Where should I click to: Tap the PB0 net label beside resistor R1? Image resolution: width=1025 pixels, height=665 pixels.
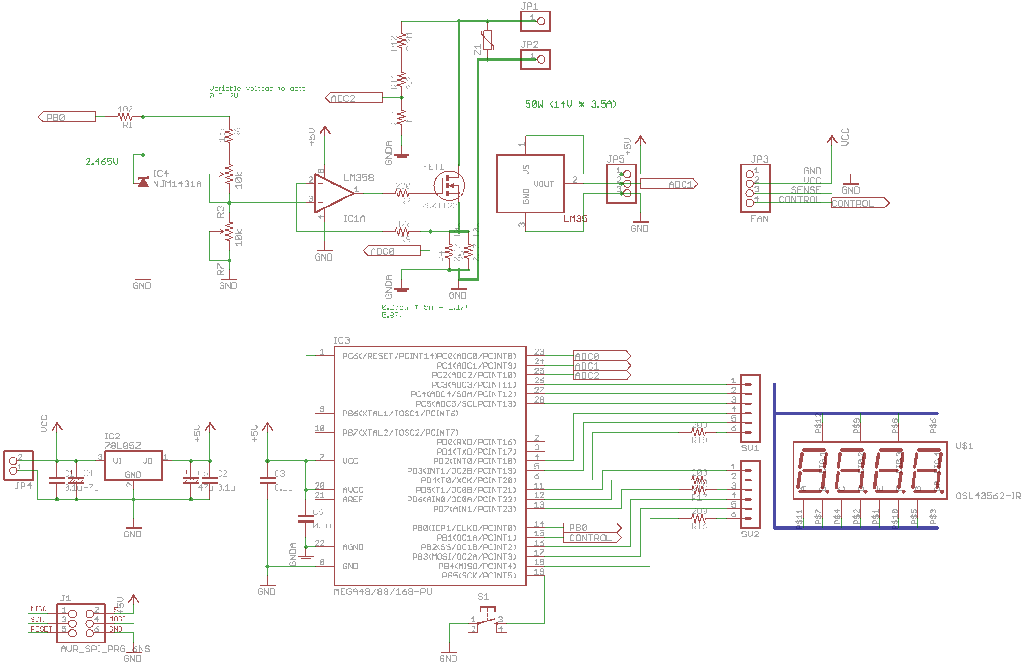point(66,117)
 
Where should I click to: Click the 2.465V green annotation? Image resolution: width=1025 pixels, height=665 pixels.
point(102,162)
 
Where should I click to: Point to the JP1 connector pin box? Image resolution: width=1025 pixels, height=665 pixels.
point(535,21)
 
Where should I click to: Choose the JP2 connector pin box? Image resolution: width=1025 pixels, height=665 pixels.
point(535,59)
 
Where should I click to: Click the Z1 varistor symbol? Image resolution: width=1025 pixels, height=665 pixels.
point(487,41)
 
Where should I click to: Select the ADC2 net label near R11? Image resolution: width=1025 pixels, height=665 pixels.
point(353,98)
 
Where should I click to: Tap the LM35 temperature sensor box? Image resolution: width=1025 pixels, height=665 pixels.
point(530,184)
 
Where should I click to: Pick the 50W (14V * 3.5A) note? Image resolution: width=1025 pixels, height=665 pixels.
point(571,104)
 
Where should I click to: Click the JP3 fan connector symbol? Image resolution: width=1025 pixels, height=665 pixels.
point(755,188)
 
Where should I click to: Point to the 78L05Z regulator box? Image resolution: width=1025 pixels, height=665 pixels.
point(133,465)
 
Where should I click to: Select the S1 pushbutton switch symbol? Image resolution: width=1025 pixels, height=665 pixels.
point(487,620)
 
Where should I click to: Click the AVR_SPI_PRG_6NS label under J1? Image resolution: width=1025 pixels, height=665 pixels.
point(105,649)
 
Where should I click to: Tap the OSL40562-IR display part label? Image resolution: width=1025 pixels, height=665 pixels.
point(988,496)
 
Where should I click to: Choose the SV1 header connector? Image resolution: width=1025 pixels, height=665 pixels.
point(750,408)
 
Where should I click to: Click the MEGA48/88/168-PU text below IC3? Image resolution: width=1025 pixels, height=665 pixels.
point(383,591)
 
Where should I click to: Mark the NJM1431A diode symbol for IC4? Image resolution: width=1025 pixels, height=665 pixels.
point(143,182)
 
